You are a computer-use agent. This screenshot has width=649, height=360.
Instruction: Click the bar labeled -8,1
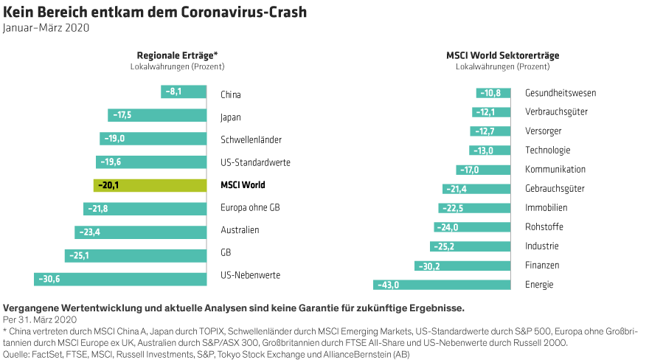click(x=184, y=91)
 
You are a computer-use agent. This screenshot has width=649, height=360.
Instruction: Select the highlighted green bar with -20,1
click(x=150, y=185)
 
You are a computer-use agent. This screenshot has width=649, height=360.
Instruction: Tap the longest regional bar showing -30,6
click(x=120, y=279)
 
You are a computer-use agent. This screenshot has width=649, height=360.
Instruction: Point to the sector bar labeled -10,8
click(x=493, y=93)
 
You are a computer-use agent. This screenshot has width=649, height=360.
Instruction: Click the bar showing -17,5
click(x=157, y=115)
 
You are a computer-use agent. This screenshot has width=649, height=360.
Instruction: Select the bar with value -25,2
click(x=470, y=246)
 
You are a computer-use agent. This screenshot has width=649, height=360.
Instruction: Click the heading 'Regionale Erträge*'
click(x=177, y=55)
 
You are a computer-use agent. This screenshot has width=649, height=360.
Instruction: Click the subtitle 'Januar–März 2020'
click(x=46, y=28)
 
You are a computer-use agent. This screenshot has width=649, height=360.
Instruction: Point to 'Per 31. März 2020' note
click(x=40, y=319)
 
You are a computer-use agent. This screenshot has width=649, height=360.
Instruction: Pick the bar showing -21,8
click(x=145, y=209)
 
